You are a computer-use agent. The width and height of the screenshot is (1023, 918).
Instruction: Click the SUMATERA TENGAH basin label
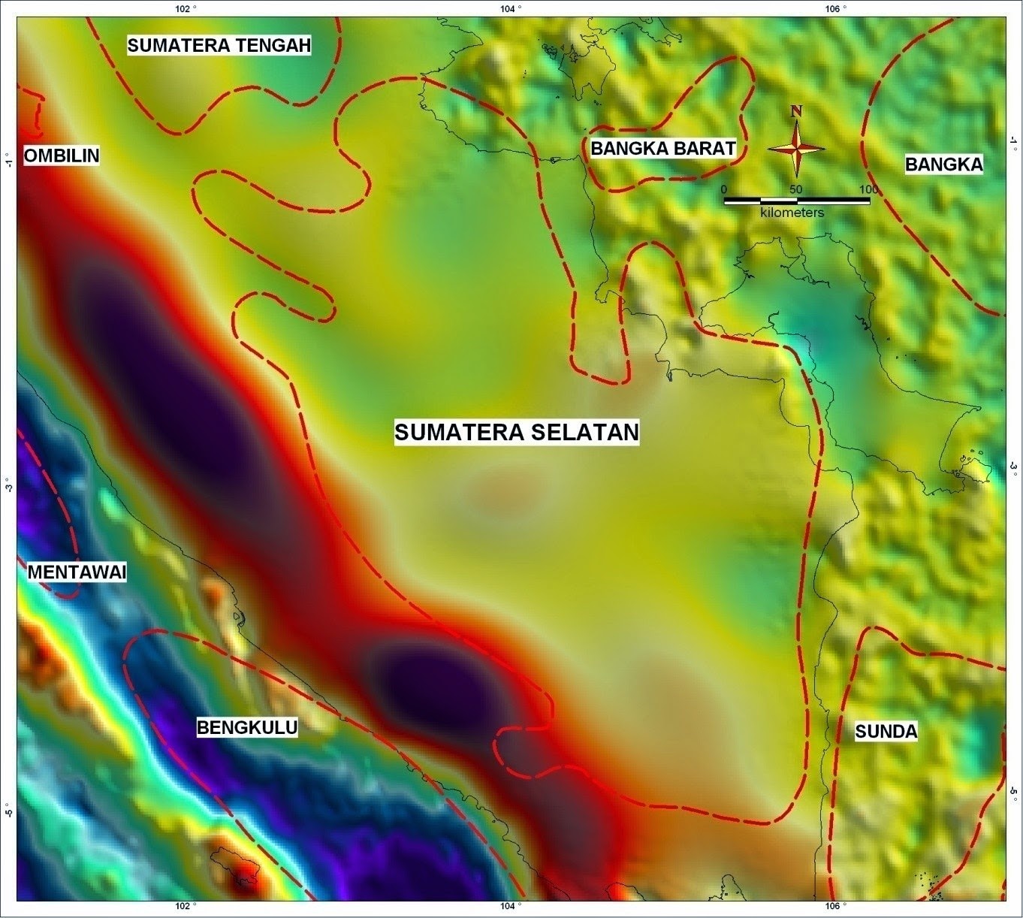[x=219, y=45]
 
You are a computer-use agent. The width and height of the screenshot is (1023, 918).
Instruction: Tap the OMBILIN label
[x=62, y=156]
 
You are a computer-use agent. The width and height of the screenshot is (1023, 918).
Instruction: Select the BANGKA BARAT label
[x=662, y=148]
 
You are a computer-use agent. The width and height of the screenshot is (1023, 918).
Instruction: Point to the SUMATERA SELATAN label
[x=517, y=432]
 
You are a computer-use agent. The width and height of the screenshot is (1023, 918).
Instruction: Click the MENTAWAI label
[x=77, y=572]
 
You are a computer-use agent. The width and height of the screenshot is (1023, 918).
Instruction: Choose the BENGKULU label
[x=247, y=727]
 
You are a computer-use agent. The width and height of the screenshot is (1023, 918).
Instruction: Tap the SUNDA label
[x=886, y=732]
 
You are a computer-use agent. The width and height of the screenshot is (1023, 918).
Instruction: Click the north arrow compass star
[x=796, y=149]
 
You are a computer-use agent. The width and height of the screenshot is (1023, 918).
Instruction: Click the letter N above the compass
[x=796, y=111]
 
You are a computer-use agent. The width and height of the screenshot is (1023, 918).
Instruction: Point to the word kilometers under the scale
[x=792, y=213]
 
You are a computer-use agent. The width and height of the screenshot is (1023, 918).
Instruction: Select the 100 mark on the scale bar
[x=868, y=189]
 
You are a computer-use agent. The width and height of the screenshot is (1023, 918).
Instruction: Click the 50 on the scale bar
[x=795, y=189]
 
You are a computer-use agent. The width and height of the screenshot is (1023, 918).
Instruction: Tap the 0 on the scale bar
[x=724, y=189]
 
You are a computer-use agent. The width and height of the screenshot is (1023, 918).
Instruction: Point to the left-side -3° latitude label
[x=8, y=487]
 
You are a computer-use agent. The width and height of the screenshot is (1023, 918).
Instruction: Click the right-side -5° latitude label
[x=1013, y=795]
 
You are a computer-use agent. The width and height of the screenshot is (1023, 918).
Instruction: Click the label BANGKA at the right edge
[x=943, y=165]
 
